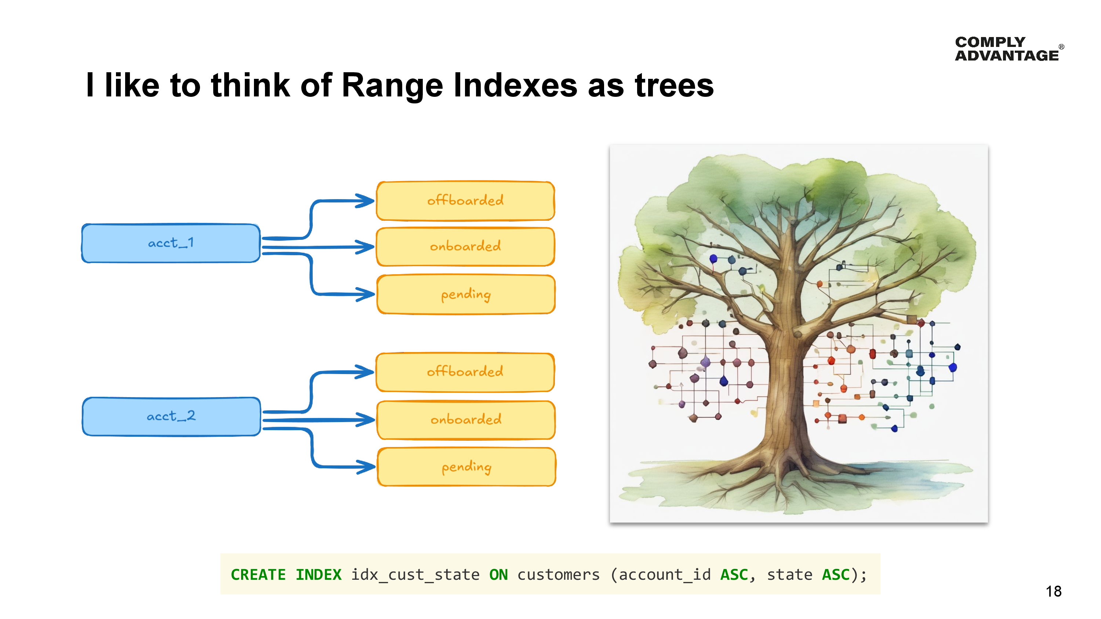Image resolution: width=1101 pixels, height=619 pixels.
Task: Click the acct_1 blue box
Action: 171,243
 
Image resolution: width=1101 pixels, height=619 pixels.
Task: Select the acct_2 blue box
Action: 171,417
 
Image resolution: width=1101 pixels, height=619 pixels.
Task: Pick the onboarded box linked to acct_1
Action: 465,246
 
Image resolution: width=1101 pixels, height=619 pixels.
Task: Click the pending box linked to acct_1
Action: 466,294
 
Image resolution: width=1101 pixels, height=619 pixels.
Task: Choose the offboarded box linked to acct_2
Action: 465,371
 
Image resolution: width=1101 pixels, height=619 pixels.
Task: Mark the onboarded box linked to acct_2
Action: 466,420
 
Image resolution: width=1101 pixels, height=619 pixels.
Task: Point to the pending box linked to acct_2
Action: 466,467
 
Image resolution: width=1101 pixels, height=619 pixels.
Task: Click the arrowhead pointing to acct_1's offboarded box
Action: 366,201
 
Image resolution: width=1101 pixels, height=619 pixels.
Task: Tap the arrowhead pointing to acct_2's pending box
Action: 366,466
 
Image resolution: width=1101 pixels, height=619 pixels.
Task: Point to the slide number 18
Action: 1053,591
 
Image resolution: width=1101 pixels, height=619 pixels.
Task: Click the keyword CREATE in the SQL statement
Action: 258,575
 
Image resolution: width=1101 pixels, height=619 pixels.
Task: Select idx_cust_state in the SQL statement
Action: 415,575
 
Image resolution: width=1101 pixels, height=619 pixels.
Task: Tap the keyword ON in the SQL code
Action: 498,575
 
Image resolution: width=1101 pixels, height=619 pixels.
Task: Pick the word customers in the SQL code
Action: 558,575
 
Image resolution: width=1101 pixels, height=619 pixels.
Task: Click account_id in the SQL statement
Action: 665,575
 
